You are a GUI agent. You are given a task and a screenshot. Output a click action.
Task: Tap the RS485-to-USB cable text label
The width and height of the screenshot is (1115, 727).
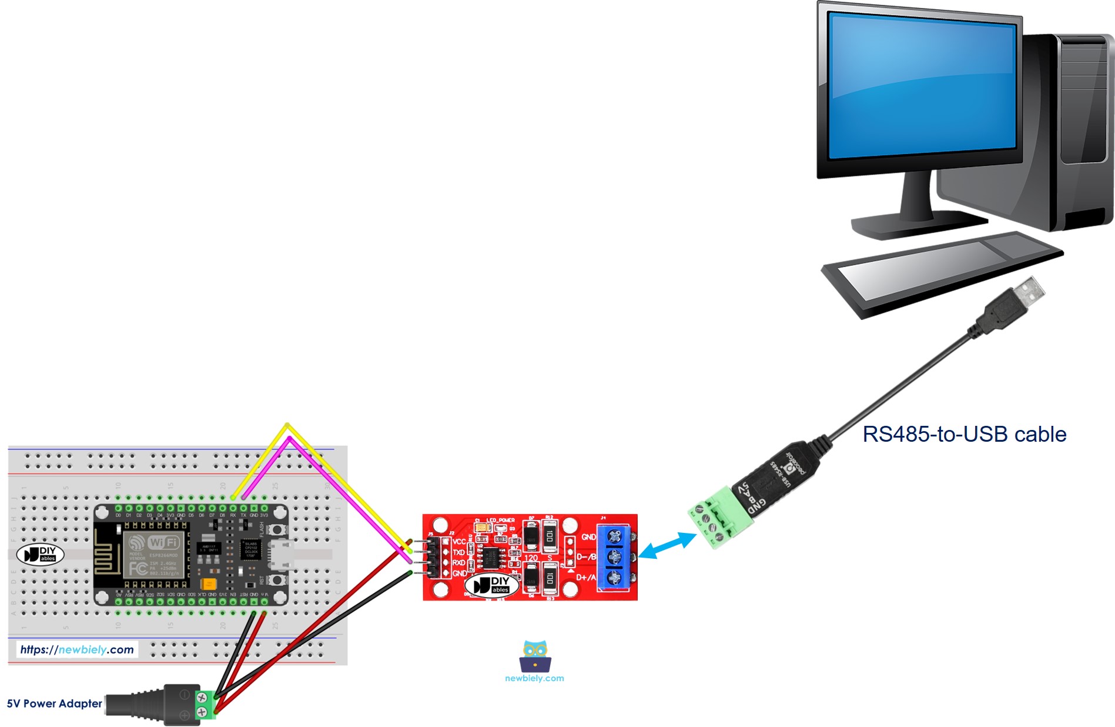click(964, 434)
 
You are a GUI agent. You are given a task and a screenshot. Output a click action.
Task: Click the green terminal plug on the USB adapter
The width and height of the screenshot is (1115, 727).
click(720, 518)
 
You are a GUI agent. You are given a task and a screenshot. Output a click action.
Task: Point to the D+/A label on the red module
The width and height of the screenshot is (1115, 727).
click(585, 578)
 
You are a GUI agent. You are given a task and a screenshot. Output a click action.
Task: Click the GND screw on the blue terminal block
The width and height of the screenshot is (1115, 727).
click(615, 536)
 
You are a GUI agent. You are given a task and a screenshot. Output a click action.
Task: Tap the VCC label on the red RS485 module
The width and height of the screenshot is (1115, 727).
click(458, 542)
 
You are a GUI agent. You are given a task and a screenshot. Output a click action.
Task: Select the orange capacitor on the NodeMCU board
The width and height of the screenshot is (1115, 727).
click(207, 584)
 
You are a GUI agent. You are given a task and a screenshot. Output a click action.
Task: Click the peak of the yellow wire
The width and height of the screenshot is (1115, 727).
click(287, 424)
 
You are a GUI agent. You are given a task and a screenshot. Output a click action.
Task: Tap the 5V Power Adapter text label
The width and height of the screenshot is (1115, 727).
click(54, 703)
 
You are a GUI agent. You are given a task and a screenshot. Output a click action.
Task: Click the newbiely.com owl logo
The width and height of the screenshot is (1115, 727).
click(534, 657)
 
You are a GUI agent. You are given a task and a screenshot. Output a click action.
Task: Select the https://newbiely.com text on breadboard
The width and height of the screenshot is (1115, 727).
click(77, 649)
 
